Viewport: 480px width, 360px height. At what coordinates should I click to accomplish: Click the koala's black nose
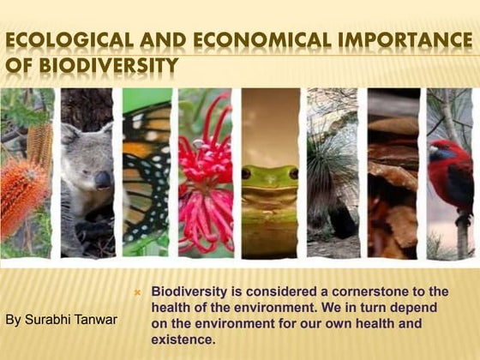(102, 179)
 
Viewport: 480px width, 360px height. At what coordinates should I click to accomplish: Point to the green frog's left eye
(246, 173)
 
